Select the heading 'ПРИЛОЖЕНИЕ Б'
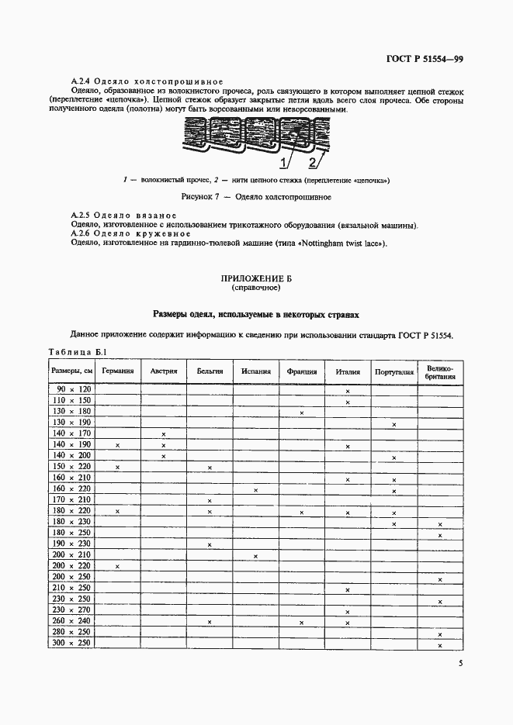pos(255,278)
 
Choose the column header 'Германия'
pos(117,371)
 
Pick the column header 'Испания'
pos(255,371)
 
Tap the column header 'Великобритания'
pos(440,371)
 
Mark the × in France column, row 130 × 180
pos(301,413)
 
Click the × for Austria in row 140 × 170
pos(164,434)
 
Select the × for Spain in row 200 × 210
pos(255,556)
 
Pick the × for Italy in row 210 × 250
pos(348,590)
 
